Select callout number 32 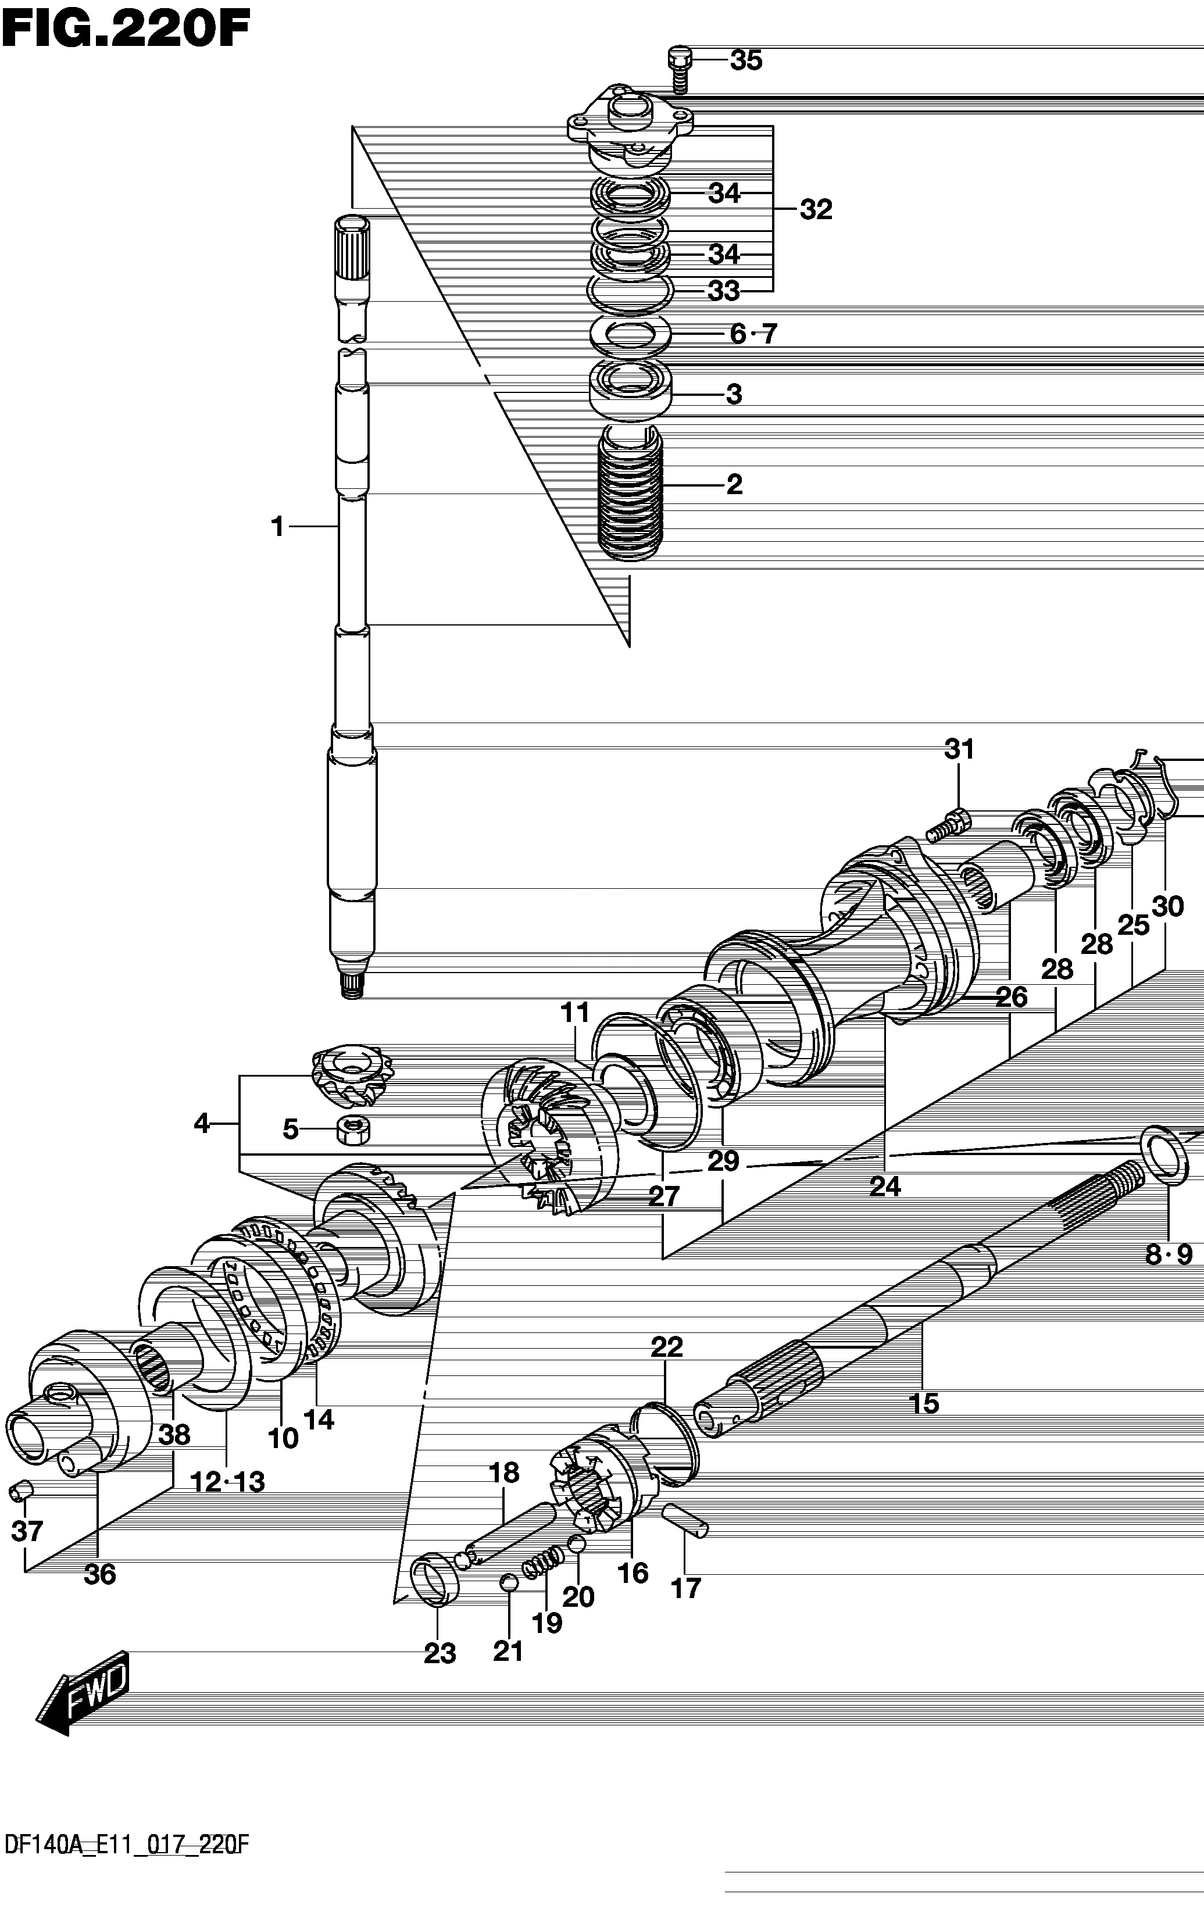816,210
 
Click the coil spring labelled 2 630,492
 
